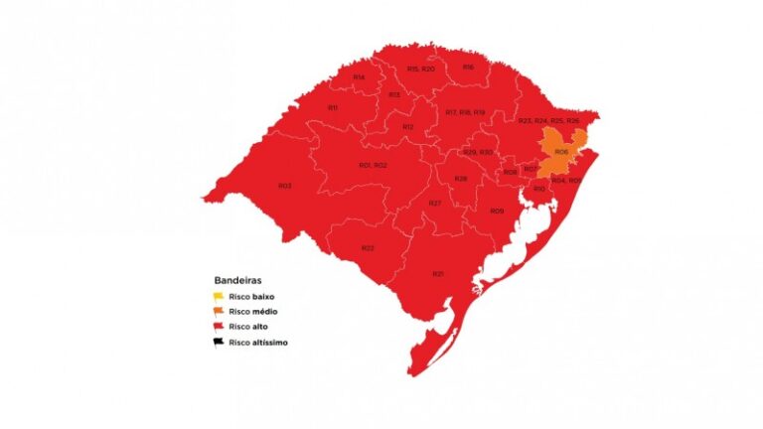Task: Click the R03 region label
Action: click(285, 186)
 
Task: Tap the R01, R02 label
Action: click(373, 164)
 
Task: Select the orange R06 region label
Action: click(561, 152)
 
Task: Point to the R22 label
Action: click(368, 247)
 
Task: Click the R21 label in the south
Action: click(437, 273)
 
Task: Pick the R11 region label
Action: click(333, 107)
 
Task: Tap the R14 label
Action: click(359, 76)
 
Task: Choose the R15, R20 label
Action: click(420, 69)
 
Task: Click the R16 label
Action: click(468, 67)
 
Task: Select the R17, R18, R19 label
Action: click(465, 112)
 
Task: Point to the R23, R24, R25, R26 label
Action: click(548, 120)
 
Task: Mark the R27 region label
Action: click(434, 203)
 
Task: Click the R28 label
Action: click(461, 179)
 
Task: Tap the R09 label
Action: click(497, 211)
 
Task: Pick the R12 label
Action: click(408, 127)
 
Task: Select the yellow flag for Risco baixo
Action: click(218, 296)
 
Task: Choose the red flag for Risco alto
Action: click(218, 327)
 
